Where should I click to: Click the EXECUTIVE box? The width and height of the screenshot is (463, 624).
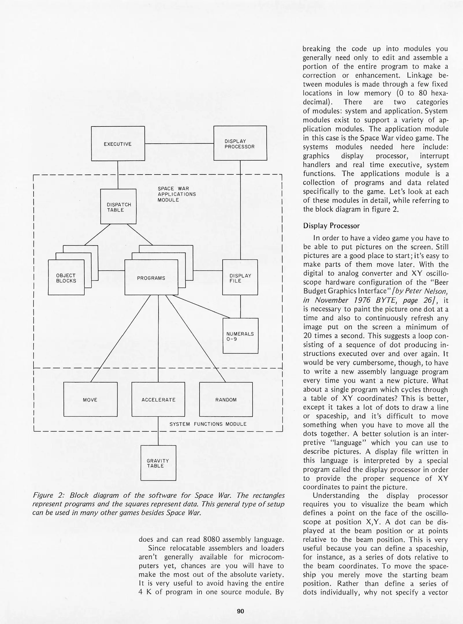click(x=118, y=144)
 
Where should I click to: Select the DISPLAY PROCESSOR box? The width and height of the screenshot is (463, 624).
click(x=240, y=143)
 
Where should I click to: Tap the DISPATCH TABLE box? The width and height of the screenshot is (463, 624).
click(x=118, y=207)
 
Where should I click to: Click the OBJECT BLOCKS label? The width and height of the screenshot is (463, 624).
click(x=66, y=278)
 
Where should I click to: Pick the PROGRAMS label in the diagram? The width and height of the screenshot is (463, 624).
click(x=151, y=278)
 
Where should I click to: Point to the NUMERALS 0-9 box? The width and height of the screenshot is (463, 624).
click(x=240, y=336)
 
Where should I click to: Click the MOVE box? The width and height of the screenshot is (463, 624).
click(x=90, y=400)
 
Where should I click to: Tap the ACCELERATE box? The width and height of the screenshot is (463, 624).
click(x=158, y=400)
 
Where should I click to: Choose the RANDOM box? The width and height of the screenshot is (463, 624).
click(x=226, y=400)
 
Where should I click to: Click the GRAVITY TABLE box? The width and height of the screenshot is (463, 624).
click(x=158, y=463)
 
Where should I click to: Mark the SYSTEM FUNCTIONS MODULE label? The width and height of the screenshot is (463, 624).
click(x=208, y=424)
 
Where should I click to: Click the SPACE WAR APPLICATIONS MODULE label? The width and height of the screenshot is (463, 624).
click(x=176, y=194)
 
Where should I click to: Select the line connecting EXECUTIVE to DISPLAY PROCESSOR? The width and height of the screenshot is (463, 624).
click(x=179, y=144)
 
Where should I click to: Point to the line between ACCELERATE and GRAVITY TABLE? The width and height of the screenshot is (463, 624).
click(x=158, y=431)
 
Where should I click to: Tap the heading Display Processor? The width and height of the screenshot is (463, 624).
click(x=331, y=226)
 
